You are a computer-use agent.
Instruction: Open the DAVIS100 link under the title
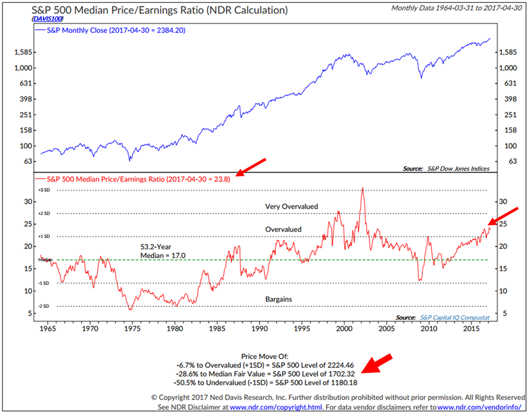48,18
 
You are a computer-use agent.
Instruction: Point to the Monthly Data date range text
457,8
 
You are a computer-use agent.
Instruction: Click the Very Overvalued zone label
291,206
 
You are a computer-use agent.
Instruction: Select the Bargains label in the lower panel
278,299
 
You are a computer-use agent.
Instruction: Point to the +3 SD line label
44,190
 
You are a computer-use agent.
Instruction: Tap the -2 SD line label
44,307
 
